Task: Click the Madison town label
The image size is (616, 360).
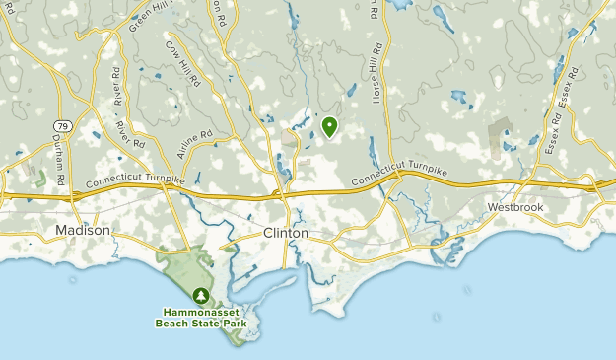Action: coord(83,230)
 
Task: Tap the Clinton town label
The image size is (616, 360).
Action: coord(286,233)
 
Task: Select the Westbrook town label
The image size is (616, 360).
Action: coord(514,208)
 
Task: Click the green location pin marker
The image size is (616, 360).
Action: coord(328,126)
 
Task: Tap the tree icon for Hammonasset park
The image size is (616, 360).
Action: coord(200,294)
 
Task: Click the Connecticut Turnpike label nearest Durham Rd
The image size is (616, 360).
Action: coord(135,181)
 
